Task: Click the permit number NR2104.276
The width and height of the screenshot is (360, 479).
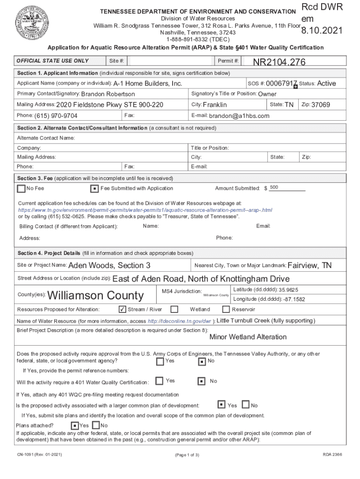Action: point(279,63)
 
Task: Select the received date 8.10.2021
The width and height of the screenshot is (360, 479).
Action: point(322,31)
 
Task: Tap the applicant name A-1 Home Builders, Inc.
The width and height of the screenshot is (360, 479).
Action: point(148,84)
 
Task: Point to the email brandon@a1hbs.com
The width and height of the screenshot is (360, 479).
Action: point(239,116)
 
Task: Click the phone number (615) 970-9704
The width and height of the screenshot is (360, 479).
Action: point(56,116)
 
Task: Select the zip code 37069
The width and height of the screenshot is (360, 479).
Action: point(321,105)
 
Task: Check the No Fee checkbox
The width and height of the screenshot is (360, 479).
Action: point(21,189)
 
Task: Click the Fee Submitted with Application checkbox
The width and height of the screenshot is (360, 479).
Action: point(94,189)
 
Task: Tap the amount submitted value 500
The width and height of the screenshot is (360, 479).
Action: point(274,188)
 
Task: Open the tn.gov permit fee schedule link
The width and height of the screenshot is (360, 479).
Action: point(145,210)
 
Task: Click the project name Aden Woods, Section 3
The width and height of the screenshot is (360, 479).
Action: point(109,266)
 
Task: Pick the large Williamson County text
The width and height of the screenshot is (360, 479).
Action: point(95,296)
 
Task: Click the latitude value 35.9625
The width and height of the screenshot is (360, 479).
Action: point(288,290)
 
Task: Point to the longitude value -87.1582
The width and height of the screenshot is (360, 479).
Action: point(294,299)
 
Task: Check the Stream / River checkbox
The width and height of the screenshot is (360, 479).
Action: point(122,309)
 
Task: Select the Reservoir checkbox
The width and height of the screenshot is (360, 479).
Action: point(226,309)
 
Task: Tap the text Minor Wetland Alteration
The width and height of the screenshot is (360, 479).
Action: point(248,337)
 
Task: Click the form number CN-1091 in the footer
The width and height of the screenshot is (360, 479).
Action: point(27,455)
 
